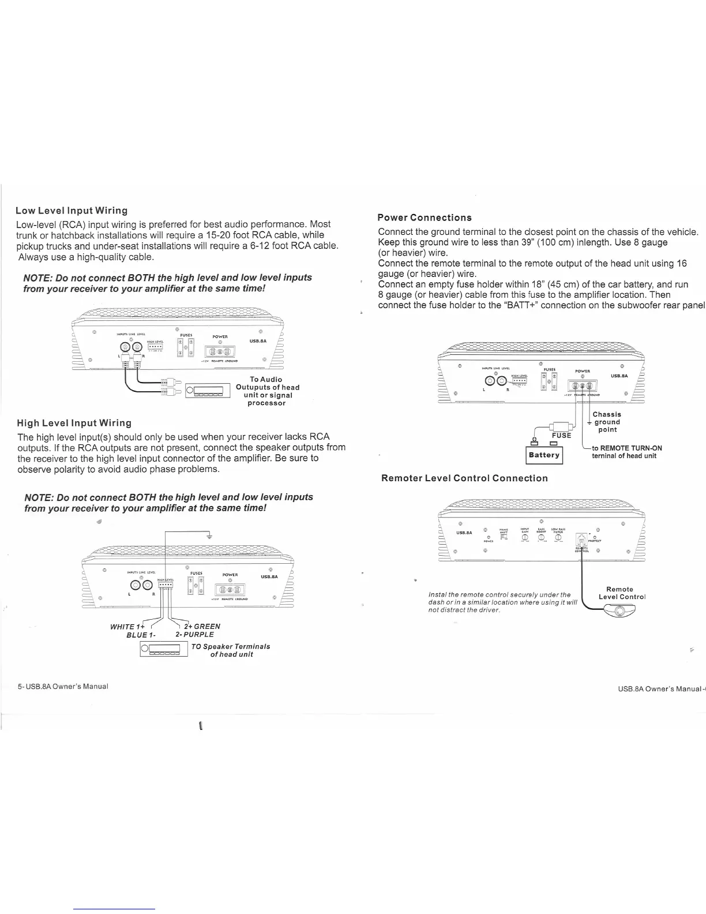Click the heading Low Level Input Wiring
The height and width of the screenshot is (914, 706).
72,210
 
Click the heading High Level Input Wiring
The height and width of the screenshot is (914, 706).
74,423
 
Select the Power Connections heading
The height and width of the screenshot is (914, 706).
424,218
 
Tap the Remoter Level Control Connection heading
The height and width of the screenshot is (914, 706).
464,478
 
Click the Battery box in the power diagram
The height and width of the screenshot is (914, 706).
544,455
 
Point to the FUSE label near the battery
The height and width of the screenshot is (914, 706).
561,435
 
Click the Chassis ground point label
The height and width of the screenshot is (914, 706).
607,422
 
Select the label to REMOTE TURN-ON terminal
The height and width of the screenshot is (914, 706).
626,452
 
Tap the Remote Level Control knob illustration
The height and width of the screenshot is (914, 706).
619,612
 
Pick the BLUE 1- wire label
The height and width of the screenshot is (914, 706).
138,635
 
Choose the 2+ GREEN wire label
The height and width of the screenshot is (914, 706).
202,627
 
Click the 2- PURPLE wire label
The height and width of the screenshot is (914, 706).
194,635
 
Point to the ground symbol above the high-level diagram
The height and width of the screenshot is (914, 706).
209,536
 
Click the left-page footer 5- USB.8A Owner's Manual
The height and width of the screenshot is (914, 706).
62,687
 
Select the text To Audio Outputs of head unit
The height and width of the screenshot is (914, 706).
267,391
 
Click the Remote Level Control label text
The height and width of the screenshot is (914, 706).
621,593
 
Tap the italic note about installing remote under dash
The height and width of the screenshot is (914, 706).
502,602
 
